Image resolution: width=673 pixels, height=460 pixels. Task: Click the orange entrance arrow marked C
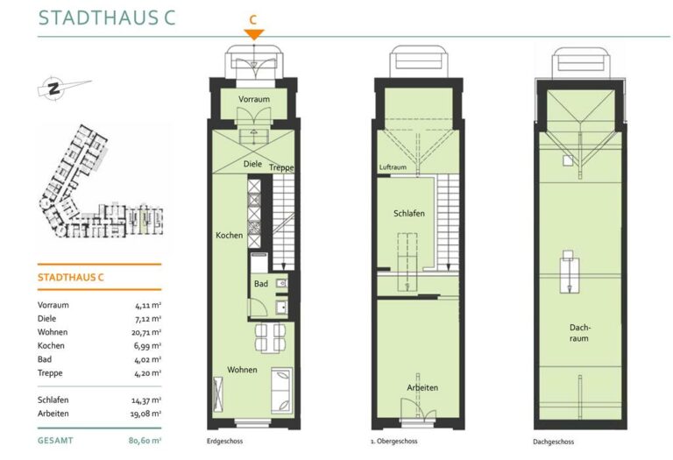click(253, 34)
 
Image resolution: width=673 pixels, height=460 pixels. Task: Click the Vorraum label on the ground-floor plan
click(254, 99)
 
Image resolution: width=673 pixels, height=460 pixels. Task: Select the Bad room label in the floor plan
click(261, 284)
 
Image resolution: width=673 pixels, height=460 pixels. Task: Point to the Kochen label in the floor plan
click(230, 235)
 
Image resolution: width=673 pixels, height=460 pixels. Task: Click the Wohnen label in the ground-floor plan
click(242, 370)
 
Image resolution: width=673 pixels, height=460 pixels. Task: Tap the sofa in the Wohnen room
click(282, 391)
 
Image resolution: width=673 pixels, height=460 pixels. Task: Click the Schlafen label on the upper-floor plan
click(409, 213)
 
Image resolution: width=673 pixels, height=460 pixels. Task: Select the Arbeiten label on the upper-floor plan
click(422, 387)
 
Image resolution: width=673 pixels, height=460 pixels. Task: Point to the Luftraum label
click(393, 167)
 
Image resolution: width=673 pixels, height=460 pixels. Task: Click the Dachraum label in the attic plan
click(579, 333)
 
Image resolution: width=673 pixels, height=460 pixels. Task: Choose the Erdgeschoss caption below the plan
click(225, 441)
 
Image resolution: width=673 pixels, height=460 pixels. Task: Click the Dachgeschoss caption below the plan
click(553, 442)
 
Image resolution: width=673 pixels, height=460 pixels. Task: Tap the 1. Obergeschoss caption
click(394, 441)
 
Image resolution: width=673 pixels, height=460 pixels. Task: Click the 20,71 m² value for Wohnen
click(146, 332)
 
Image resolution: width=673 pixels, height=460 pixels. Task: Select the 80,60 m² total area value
click(145, 441)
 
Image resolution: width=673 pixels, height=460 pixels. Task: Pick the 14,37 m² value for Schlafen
click(146, 400)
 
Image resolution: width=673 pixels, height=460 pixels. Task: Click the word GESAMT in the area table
click(55, 441)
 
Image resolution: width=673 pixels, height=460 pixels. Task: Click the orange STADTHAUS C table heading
click(71, 277)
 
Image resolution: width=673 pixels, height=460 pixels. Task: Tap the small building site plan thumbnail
click(102, 180)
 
